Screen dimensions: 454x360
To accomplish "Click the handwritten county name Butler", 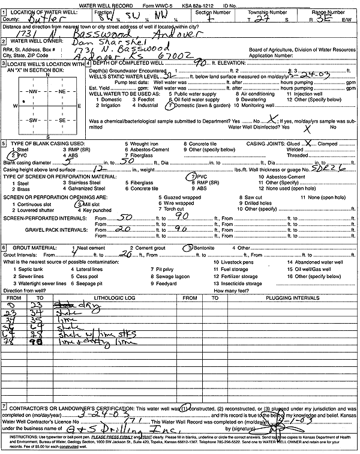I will point(39,19).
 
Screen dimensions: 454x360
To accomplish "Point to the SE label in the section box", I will point(62,120).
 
